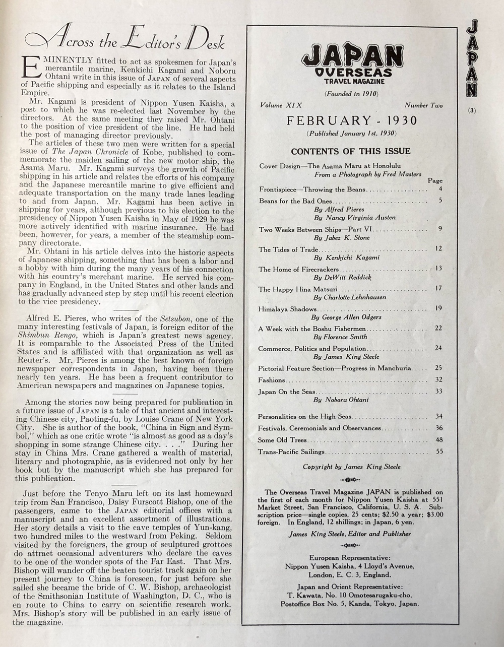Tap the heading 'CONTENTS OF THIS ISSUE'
coord(351,151)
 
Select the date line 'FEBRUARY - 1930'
coord(352,120)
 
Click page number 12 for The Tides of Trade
coord(438,249)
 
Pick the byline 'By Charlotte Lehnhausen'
coord(350,297)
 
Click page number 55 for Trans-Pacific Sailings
coord(439,451)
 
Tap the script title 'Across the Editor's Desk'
coord(125,40)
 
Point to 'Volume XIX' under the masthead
coord(281,105)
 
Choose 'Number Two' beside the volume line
coord(423,105)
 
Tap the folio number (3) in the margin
coord(471,111)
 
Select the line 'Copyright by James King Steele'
coord(351,467)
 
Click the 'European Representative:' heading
coord(350,557)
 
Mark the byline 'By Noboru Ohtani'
coord(341,400)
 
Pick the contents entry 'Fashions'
coord(272,380)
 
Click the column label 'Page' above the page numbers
coord(435,180)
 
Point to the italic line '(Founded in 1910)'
coord(351,93)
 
